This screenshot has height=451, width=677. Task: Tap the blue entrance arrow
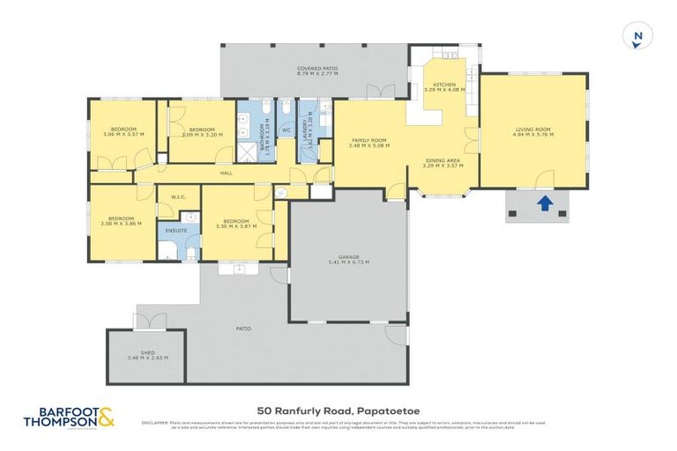(x=545, y=204)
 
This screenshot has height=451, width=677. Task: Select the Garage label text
(x=348, y=259)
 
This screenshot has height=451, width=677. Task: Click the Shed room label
(x=147, y=355)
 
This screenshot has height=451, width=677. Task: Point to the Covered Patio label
(x=317, y=70)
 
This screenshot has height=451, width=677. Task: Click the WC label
(x=286, y=129)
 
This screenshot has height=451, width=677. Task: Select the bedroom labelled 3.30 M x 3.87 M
(x=234, y=224)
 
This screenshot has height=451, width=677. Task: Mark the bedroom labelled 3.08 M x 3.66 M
(x=121, y=221)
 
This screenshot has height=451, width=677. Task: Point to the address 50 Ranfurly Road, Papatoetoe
(x=324, y=410)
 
